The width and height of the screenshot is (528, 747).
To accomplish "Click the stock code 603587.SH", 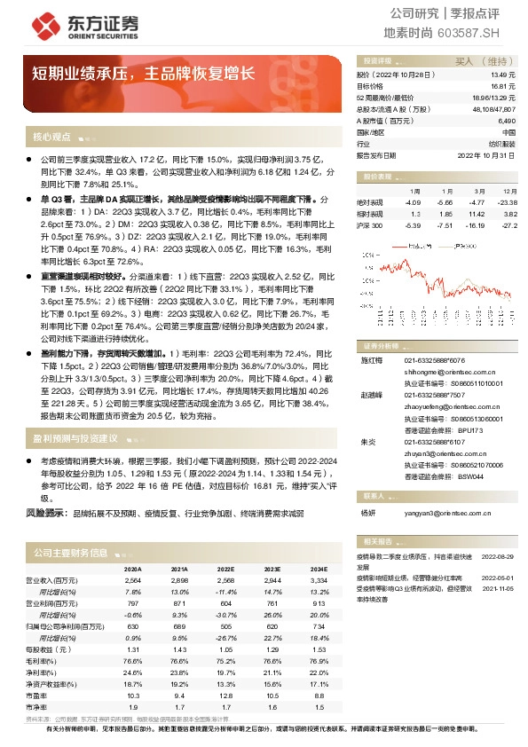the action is pyautogui.click(x=476, y=33).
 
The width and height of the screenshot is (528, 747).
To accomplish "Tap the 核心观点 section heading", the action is pyautogui.click(x=51, y=137).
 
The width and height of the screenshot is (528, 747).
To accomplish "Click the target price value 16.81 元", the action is pyautogui.click(x=502, y=87).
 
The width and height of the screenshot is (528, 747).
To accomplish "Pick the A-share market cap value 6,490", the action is pyautogui.click(x=506, y=120).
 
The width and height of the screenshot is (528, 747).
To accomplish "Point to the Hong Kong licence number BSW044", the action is pyautogui.click(x=470, y=476).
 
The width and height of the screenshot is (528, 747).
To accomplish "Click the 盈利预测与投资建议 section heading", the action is pyautogui.click(x=75, y=437).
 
